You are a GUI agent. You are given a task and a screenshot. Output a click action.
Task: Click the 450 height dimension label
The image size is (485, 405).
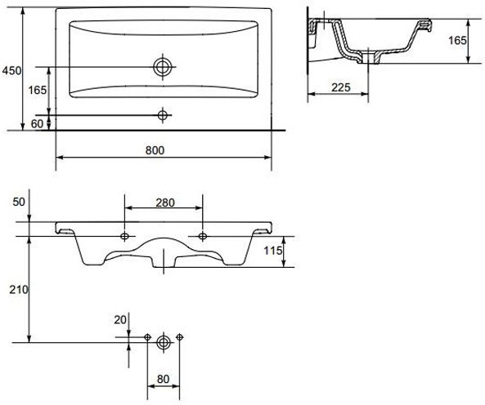[x=11, y=71]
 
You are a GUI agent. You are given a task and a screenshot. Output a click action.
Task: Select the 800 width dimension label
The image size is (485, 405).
[x=155, y=150]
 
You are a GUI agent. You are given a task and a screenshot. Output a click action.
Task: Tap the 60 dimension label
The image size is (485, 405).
[x=37, y=124]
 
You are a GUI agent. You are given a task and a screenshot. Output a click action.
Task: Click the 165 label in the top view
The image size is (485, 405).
[x=38, y=90]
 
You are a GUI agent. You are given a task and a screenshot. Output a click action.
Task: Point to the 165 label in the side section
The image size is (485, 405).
[x=457, y=41]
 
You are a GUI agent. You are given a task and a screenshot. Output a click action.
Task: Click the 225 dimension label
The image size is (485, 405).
[x=341, y=87]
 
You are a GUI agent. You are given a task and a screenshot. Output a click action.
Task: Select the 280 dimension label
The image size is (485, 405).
[x=165, y=202]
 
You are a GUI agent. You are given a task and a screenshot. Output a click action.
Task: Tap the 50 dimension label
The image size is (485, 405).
[x=19, y=202]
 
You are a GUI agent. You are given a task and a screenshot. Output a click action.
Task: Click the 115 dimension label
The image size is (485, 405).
[x=273, y=251]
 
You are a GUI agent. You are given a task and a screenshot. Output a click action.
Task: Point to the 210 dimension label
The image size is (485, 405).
[x=19, y=290]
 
